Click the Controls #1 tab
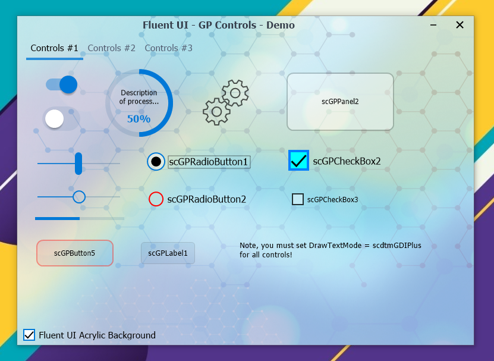tap(54, 48)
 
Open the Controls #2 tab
tap(112, 48)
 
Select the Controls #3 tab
tap(169, 48)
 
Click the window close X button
tap(460, 25)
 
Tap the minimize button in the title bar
tap(433, 25)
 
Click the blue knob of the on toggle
tap(68, 84)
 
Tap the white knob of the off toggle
tap(55, 119)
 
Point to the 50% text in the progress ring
tap(139, 119)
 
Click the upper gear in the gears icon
tap(235, 93)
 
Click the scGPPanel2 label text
tap(340, 102)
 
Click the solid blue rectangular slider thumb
tap(78, 164)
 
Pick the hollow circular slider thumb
tap(79, 197)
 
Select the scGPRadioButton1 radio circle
tap(156, 162)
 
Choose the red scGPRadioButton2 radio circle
tap(156, 199)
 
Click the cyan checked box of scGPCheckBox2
tap(298, 161)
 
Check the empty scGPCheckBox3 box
tap(298, 199)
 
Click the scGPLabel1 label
tap(168, 253)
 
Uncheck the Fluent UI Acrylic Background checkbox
tap(29, 335)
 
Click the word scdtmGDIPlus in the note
tap(397, 246)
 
